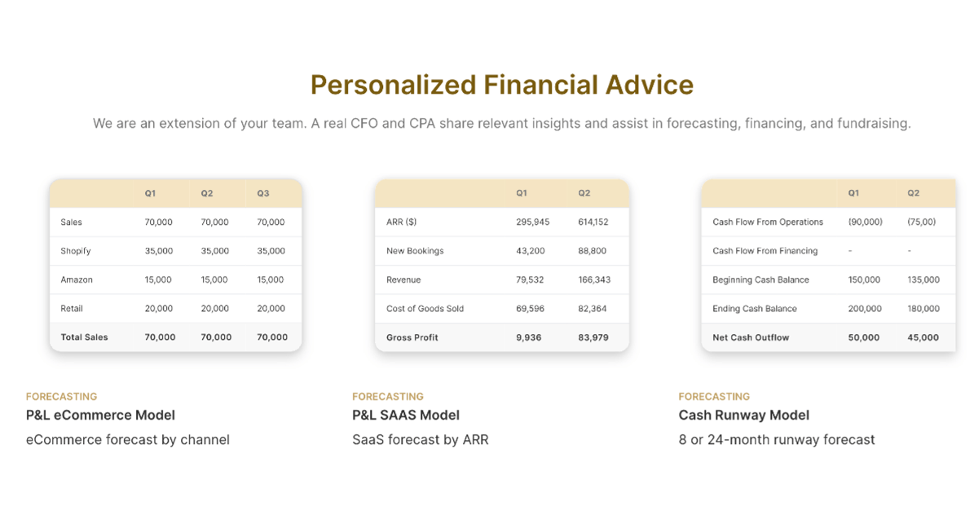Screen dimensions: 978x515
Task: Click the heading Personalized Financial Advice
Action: (502, 85)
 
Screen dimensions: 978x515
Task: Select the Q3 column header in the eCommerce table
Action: (262, 193)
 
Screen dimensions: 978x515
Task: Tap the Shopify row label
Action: (76, 251)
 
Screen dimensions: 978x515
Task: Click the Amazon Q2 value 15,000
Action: (214, 280)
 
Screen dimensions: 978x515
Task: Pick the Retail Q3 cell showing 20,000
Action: (271, 309)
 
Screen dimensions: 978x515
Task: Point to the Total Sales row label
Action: (84, 337)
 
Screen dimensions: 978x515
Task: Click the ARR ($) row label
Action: (401, 222)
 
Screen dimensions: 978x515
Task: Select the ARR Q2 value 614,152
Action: (593, 222)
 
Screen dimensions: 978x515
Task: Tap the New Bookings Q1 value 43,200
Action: (530, 251)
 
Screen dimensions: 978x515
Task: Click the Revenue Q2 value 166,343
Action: (594, 280)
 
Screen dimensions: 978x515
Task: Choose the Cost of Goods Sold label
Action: (425, 309)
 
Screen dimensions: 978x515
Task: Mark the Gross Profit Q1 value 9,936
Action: (528, 337)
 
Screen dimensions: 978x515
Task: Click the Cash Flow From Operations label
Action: (768, 222)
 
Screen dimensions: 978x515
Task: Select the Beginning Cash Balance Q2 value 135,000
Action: (923, 280)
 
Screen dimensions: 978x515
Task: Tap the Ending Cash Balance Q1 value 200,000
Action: (865, 309)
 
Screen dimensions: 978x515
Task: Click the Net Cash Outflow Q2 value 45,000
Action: (923, 337)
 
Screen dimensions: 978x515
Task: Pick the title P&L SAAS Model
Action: (406, 415)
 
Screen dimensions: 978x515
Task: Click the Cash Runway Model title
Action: (743, 415)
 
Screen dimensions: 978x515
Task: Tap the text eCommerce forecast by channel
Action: (127, 439)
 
